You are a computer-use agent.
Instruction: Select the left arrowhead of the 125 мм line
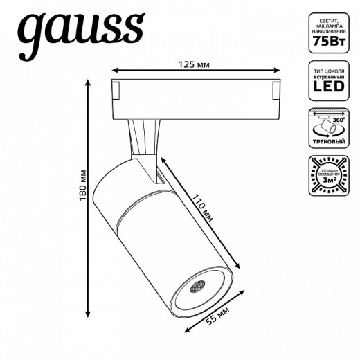coord(115,70)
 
